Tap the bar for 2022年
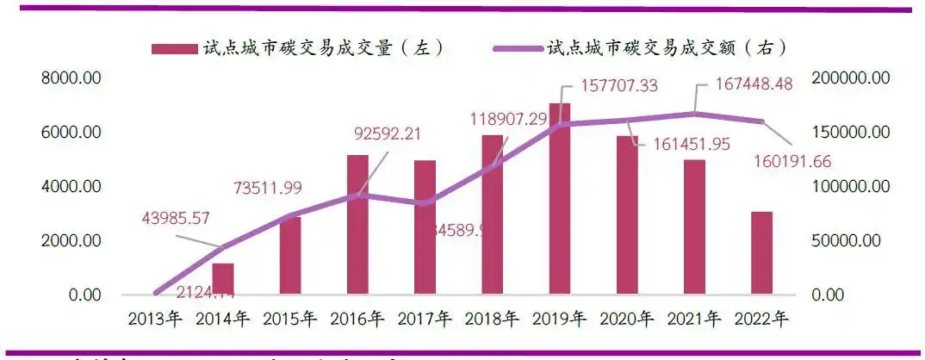coord(762,253)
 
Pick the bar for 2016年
coord(357,225)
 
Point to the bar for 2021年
coord(695,227)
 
